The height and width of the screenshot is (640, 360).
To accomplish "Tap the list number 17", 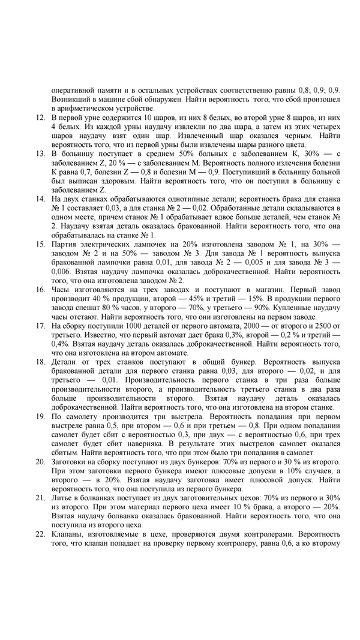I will [x=40, y=325].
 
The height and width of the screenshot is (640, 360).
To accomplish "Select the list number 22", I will [x=40, y=533].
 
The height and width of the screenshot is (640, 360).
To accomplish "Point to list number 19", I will [x=40, y=415].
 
